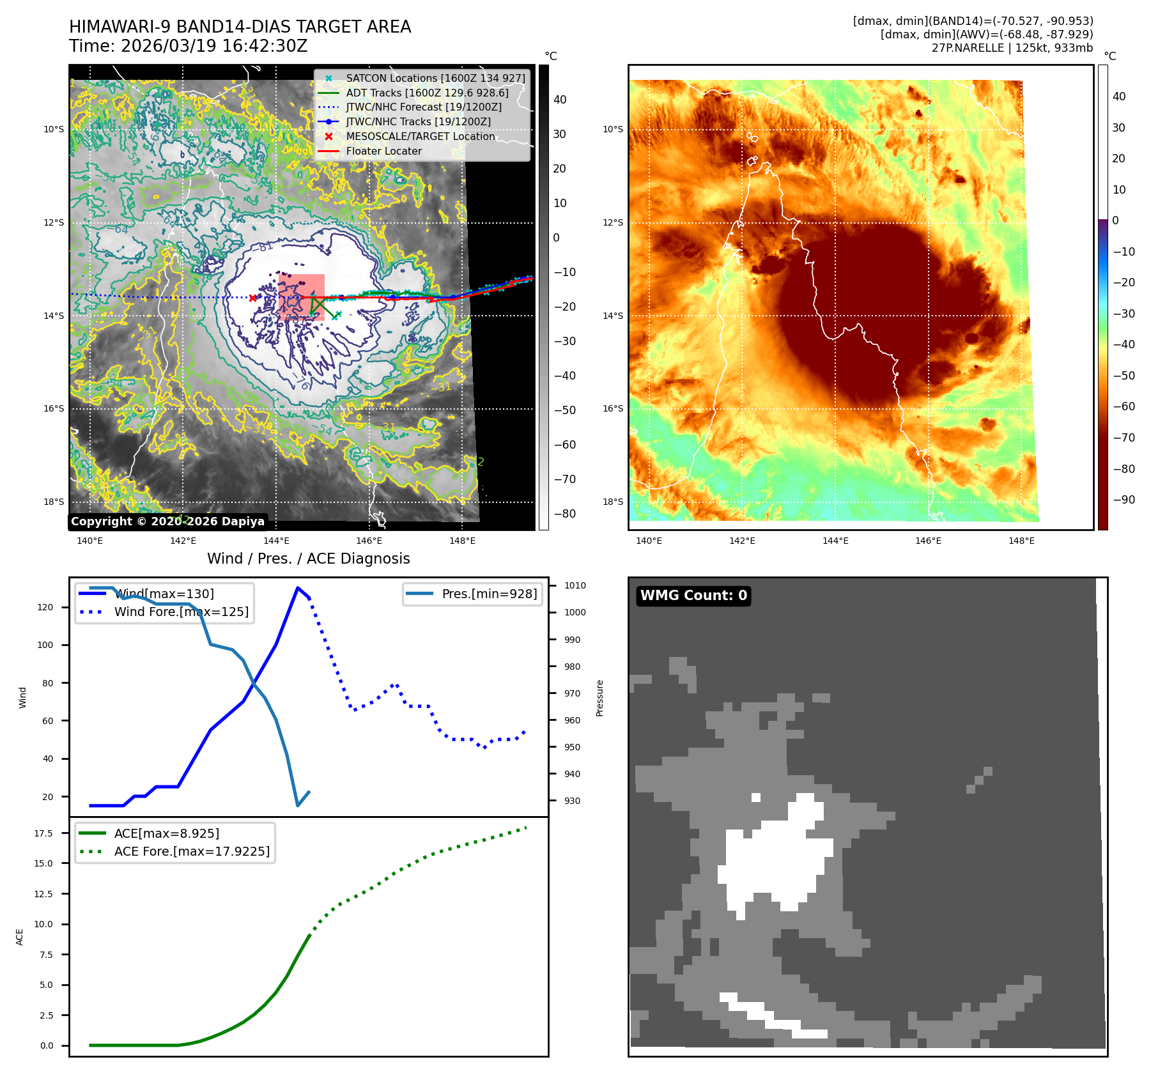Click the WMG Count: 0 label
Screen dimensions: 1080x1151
pyautogui.click(x=693, y=596)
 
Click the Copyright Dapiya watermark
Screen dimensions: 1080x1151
pyautogui.click(x=167, y=521)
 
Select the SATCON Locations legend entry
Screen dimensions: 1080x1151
pyautogui.click(x=435, y=78)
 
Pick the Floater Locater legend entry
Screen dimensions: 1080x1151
pyautogui.click(x=383, y=151)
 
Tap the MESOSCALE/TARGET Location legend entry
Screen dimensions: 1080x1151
pyautogui.click(x=420, y=136)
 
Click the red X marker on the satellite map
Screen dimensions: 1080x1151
pyautogui.click(x=253, y=298)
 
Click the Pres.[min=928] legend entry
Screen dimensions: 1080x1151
pyautogui.click(x=489, y=594)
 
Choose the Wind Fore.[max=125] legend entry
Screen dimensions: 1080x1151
pyautogui.click(x=181, y=612)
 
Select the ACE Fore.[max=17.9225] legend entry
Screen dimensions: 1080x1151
pyautogui.click(x=191, y=851)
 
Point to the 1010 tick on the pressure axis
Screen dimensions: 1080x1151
pyautogui.click(x=575, y=585)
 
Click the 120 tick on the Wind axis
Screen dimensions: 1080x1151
pyautogui.click(x=45, y=607)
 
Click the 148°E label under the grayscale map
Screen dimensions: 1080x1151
pyautogui.click(x=462, y=541)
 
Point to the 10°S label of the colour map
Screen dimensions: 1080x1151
pyautogui.click(x=612, y=129)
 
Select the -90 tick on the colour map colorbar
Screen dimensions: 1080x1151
pyautogui.click(x=1124, y=500)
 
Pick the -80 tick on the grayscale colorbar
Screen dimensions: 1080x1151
pyautogui.click(x=564, y=514)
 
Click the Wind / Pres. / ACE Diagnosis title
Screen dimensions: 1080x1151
pyautogui.click(x=308, y=559)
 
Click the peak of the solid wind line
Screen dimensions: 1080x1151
pyautogui.click(x=298, y=587)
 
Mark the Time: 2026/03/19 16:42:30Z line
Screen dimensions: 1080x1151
pyautogui.click(x=189, y=46)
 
